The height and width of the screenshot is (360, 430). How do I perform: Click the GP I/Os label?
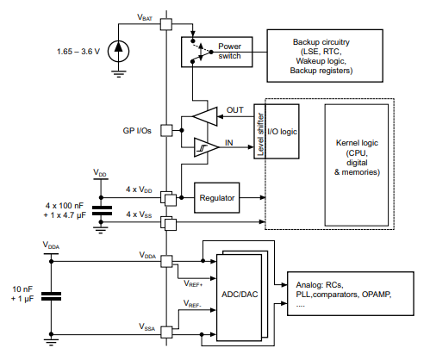point(139,131)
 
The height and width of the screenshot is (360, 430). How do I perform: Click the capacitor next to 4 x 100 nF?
point(102,209)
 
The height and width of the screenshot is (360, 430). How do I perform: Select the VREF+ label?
point(191,282)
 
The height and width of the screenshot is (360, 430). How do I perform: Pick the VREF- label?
point(191,304)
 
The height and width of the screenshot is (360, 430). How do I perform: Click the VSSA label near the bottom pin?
point(149,326)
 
